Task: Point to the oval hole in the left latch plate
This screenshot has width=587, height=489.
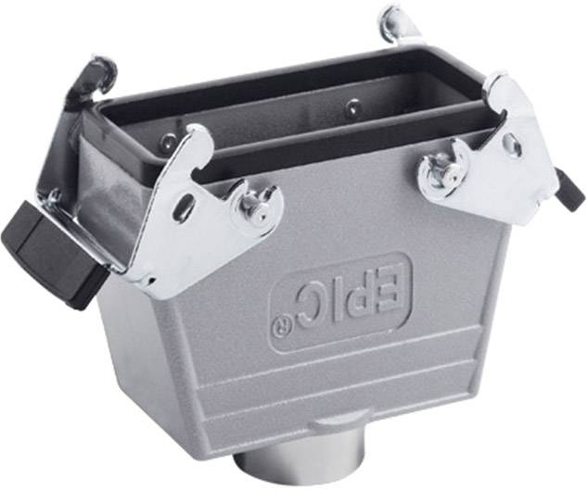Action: click(x=186, y=206)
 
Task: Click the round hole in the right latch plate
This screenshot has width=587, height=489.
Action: click(x=510, y=145)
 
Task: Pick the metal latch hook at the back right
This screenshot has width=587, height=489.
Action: click(x=399, y=23)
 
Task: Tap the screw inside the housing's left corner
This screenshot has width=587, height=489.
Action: click(x=167, y=141)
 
